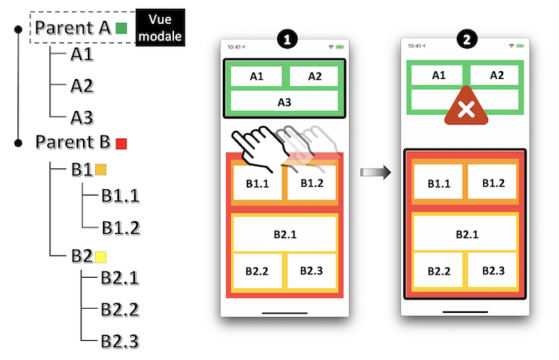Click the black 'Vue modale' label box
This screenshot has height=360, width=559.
pos(160,27)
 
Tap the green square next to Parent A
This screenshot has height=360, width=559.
pos(121,28)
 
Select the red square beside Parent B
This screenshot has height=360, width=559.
pos(121,144)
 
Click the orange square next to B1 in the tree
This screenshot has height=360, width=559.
pos(101,169)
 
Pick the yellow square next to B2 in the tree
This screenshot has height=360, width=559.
pos(101,257)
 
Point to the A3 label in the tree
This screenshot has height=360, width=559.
pos(82,117)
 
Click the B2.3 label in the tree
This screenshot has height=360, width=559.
pos(120,341)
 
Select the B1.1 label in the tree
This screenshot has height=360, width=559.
pos(121,196)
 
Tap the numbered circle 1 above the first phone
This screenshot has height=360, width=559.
pos(287,39)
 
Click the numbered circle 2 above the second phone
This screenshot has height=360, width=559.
pos(467,39)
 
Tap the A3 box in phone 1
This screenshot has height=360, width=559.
pos(284,101)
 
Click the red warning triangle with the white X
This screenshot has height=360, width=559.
pos(466,106)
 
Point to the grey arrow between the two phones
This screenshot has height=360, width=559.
pos(375,172)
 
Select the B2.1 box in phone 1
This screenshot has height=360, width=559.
pos(284,234)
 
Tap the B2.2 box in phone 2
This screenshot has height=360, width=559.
pos(438,271)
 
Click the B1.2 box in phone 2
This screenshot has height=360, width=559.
pos(493,183)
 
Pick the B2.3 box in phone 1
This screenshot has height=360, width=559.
pos(311,271)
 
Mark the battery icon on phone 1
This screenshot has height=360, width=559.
pos(339,47)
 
